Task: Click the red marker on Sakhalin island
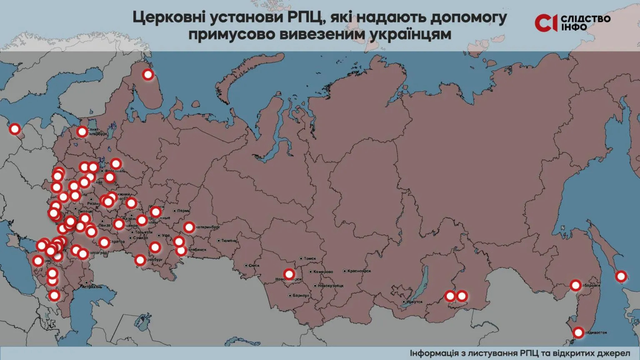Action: tap(621, 276)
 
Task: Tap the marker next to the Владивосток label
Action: tap(578, 332)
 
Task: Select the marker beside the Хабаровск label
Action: tap(575, 285)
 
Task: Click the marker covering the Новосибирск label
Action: tap(289, 274)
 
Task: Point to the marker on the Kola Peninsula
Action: tap(148, 75)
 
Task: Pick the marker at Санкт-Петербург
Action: tap(82, 132)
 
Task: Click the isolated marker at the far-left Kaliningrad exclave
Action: tap(15, 129)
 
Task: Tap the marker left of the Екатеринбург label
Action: tap(189, 227)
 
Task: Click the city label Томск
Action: tap(310, 259)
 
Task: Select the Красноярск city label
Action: tap(359, 271)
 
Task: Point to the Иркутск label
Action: tap(414, 302)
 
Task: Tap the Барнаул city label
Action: tap(300, 295)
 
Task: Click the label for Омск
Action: tap(254, 265)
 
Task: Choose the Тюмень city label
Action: tap(229, 241)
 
